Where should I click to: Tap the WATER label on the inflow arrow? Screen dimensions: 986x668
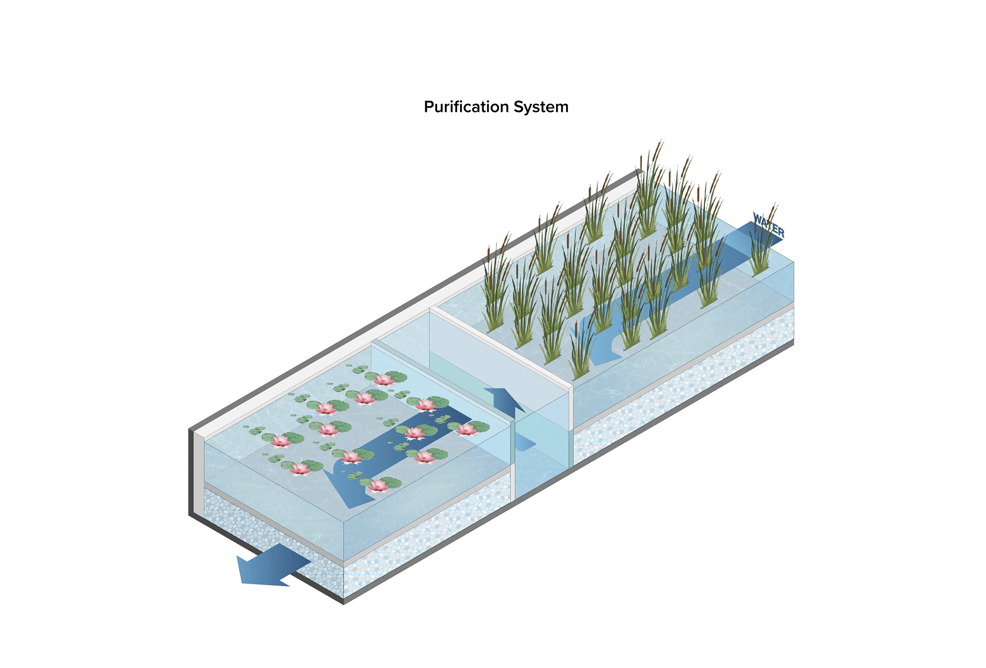(x=768, y=225)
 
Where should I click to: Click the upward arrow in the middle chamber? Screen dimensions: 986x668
(x=504, y=401)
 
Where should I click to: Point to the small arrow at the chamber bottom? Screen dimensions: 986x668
(x=524, y=442)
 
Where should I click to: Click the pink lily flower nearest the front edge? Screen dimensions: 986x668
(x=378, y=485)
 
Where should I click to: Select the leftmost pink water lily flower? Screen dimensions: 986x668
(x=281, y=440)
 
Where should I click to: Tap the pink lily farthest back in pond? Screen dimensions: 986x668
(x=384, y=379)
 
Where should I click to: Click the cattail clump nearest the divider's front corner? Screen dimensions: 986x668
(x=580, y=349)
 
